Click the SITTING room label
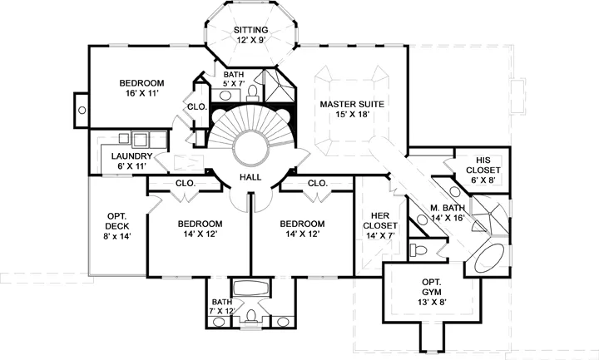pyautogui.click(x=251, y=30)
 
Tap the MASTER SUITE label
pyautogui.click(x=352, y=104)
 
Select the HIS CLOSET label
pyautogui.click(x=483, y=165)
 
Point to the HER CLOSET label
pyautogui.click(x=379, y=220)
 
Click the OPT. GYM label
pyautogui.click(x=432, y=287)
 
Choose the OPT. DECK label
pyautogui.click(x=117, y=221)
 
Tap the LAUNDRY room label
pyautogui.click(x=131, y=156)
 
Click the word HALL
pyautogui.click(x=250, y=177)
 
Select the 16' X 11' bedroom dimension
pyautogui.click(x=141, y=93)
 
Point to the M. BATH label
pyautogui.click(x=448, y=208)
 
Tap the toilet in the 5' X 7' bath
pyautogui.click(x=253, y=92)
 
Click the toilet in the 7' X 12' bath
pyautogui.click(x=250, y=317)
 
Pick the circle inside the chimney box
pyautogui.click(x=82, y=111)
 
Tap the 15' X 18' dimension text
pyautogui.click(x=351, y=114)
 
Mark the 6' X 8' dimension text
pyautogui.click(x=483, y=180)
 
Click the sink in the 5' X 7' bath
pyautogui.click(x=225, y=95)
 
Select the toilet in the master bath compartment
pyautogui.click(x=418, y=250)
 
